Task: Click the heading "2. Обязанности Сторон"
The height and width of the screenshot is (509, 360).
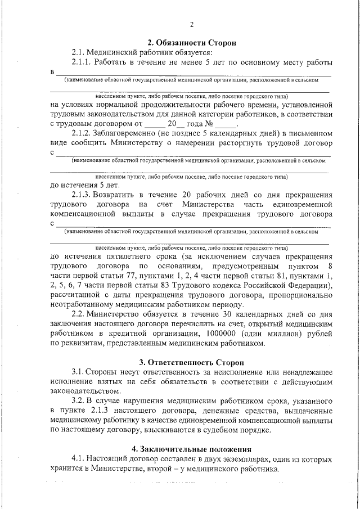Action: pos(190,43)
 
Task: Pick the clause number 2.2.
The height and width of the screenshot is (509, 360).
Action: pos(80,314)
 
